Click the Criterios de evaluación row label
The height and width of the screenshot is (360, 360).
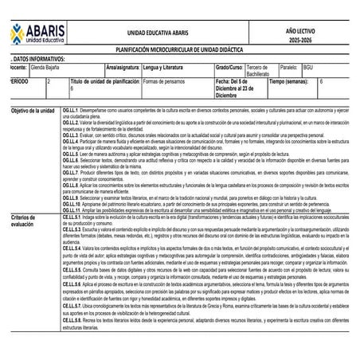coord(28,221)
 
